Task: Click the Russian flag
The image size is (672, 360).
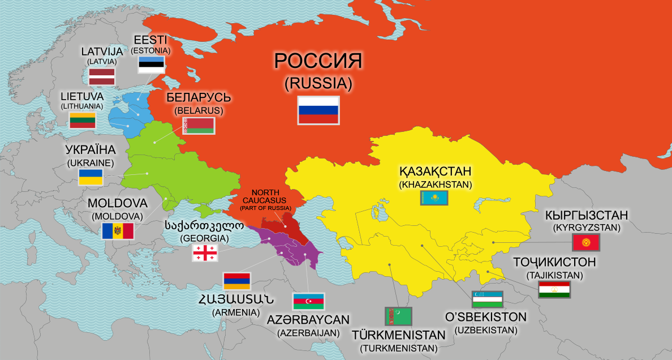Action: click(318, 109)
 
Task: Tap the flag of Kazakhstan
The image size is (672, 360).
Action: click(434, 198)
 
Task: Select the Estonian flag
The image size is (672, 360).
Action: click(151, 64)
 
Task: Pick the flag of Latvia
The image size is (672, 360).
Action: click(102, 76)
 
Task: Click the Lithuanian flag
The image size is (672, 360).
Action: click(82, 121)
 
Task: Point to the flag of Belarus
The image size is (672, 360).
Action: click(198, 126)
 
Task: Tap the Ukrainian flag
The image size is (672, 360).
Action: click(91, 177)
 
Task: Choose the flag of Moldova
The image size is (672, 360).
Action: click(118, 231)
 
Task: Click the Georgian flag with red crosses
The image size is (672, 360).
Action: click(204, 253)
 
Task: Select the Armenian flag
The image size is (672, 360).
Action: click(237, 281)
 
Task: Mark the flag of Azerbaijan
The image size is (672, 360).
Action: click(308, 302)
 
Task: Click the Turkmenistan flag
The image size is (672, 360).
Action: click(398, 316)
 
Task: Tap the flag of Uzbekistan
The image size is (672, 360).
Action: click(488, 299)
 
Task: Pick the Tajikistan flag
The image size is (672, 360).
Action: click(554, 290)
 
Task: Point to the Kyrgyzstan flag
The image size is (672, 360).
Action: click(586, 243)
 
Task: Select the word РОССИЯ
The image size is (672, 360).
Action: click(318, 61)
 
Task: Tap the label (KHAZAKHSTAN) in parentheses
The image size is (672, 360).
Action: click(435, 185)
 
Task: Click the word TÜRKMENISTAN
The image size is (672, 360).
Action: click(398, 335)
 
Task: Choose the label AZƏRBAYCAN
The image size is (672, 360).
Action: click(308, 320)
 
